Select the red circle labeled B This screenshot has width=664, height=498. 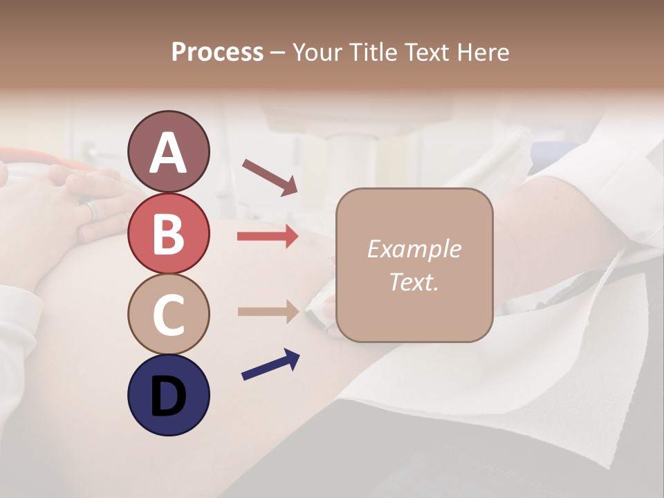point(168,232)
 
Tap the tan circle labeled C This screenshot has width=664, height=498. point(168,314)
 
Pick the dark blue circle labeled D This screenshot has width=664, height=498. point(168,395)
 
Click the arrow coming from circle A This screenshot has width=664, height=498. point(270,176)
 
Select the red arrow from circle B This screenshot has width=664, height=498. point(268,237)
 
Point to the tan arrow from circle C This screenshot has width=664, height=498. point(268,311)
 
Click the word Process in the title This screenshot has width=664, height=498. point(217,52)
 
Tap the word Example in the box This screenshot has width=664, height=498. point(414,249)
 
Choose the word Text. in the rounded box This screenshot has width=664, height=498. point(414,282)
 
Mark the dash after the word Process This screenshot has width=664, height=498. point(278,53)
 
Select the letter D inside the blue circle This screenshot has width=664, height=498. point(168,396)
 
